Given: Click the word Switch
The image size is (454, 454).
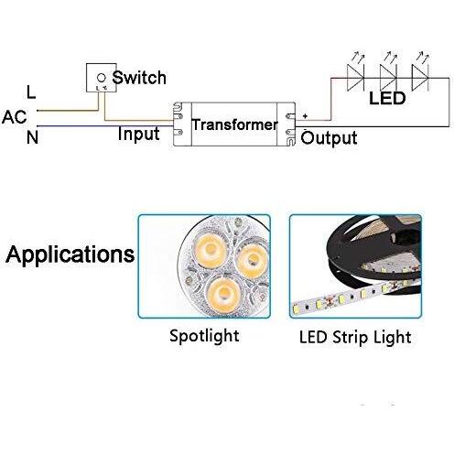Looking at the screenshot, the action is pyautogui.click(x=139, y=78).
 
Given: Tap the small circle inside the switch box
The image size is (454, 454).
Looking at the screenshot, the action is pyautogui.click(x=101, y=78).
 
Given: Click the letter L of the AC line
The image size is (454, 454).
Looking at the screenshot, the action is pyautogui.click(x=31, y=92).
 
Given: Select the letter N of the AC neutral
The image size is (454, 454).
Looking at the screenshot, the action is pyautogui.click(x=32, y=137).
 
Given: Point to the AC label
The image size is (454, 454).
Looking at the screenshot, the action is pyautogui.click(x=14, y=117).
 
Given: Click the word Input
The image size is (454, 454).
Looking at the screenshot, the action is pyautogui.click(x=139, y=134).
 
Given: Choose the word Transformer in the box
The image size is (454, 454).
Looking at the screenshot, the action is pyautogui.click(x=234, y=124).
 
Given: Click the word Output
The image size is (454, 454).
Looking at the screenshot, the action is pyautogui.click(x=329, y=137).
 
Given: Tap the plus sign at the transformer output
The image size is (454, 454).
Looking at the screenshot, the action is pyautogui.click(x=305, y=116).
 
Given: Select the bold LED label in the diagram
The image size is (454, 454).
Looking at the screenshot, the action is pyautogui.click(x=387, y=98).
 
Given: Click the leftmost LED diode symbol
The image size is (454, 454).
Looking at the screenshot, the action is pyautogui.click(x=356, y=78).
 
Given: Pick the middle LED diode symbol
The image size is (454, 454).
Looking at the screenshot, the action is pyautogui.click(x=388, y=78).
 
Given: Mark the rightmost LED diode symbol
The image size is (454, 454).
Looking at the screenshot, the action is pyautogui.click(x=420, y=78).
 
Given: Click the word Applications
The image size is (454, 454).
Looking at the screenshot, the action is pyautogui.click(x=70, y=254).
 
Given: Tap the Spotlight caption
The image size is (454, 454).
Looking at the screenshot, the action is pyautogui.click(x=204, y=336).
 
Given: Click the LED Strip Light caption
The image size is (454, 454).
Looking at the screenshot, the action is pyautogui.click(x=355, y=337).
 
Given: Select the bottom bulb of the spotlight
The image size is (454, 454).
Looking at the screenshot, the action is pyautogui.click(x=223, y=292).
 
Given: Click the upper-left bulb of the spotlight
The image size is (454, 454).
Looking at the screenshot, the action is pyautogui.click(x=210, y=247).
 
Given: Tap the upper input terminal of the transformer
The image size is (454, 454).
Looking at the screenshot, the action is pyautogui.click(x=179, y=116).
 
